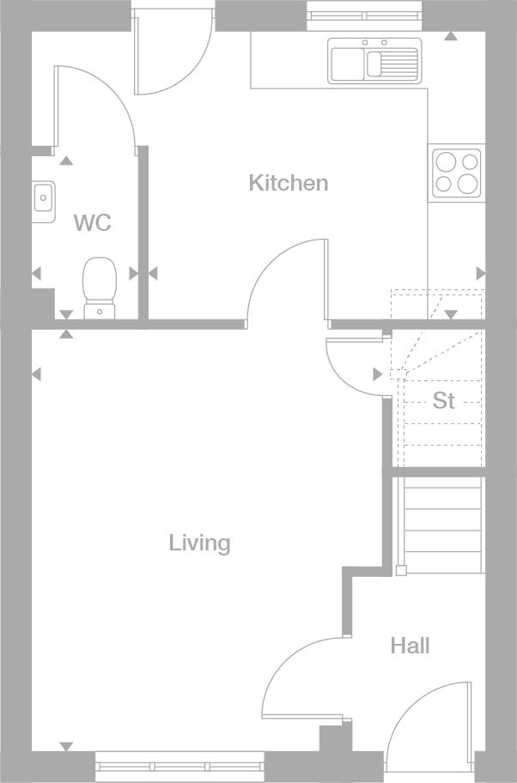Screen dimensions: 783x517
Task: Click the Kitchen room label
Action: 289,183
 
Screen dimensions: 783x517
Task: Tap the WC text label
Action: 92,223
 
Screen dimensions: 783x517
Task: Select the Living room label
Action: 199,543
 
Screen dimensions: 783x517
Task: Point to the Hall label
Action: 410,646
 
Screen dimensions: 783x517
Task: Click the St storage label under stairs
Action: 443,401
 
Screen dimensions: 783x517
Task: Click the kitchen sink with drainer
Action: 374,61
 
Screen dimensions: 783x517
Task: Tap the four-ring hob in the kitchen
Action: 457,173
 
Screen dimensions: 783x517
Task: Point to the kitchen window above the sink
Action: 365,15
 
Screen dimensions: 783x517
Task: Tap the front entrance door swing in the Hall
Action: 427,725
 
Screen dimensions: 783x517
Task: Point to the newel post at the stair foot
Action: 401,570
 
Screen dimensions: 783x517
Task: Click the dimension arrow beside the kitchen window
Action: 450,36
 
